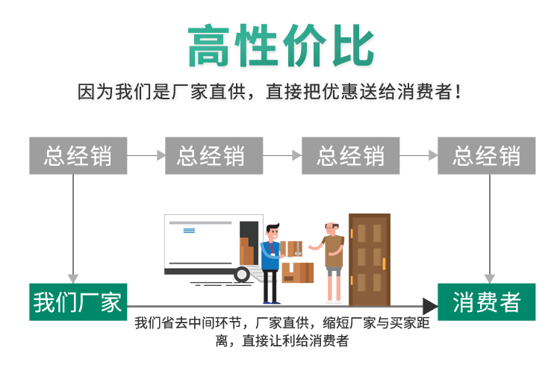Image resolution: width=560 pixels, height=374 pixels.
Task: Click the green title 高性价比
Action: [x=281, y=46]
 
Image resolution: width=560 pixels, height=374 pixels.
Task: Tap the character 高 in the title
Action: [x=208, y=46]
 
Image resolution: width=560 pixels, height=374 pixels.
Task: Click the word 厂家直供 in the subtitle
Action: [x=208, y=92]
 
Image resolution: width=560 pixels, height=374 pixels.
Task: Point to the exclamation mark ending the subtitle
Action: [x=458, y=92]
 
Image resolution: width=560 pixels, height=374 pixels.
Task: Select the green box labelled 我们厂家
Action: [x=78, y=302]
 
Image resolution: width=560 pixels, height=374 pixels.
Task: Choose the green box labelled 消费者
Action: [x=486, y=302]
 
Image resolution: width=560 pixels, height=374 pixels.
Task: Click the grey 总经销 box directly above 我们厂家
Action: [x=78, y=156]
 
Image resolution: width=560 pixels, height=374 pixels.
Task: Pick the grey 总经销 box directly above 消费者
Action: [x=486, y=156]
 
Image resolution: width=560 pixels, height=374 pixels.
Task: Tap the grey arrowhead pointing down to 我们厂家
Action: [x=73, y=278]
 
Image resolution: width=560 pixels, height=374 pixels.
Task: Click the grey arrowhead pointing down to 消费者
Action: [x=490, y=278]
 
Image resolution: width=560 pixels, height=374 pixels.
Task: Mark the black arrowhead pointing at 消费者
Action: [x=430, y=306]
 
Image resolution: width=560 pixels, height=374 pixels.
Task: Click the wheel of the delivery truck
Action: [x=242, y=275]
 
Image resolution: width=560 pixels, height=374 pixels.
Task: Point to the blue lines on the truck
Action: [x=189, y=231]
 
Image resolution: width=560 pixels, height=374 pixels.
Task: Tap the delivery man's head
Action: [x=273, y=233]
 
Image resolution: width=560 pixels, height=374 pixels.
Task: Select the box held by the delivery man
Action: [x=290, y=249]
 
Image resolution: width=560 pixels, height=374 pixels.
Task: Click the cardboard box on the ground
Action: [x=298, y=272]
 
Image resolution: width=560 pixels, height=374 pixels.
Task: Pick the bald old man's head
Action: [x=332, y=228]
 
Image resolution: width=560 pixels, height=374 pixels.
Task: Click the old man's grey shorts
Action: [x=334, y=272]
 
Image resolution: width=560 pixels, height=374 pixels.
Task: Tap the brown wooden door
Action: [x=370, y=260]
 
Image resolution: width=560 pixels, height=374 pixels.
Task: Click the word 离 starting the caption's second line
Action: [x=222, y=340]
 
